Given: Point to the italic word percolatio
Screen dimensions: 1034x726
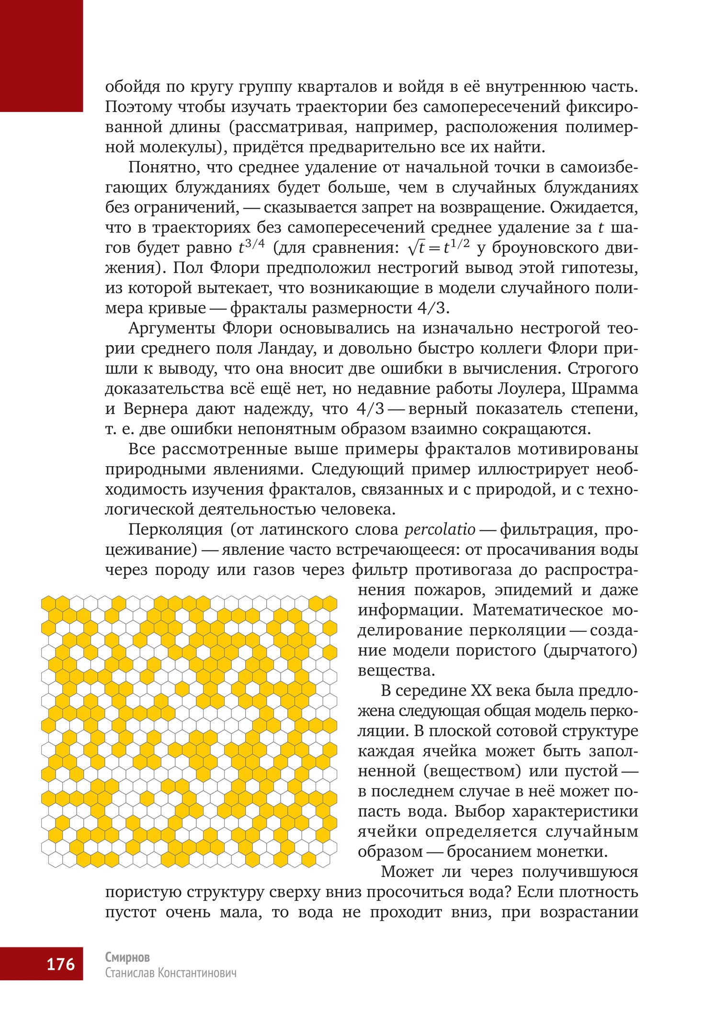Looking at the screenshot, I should pyautogui.click(x=440, y=529).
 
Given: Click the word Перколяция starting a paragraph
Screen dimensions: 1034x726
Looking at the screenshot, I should pyautogui.click(x=175, y=529).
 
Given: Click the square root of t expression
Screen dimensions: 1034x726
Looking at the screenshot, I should pyautogui.click(x=416, y=247).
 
